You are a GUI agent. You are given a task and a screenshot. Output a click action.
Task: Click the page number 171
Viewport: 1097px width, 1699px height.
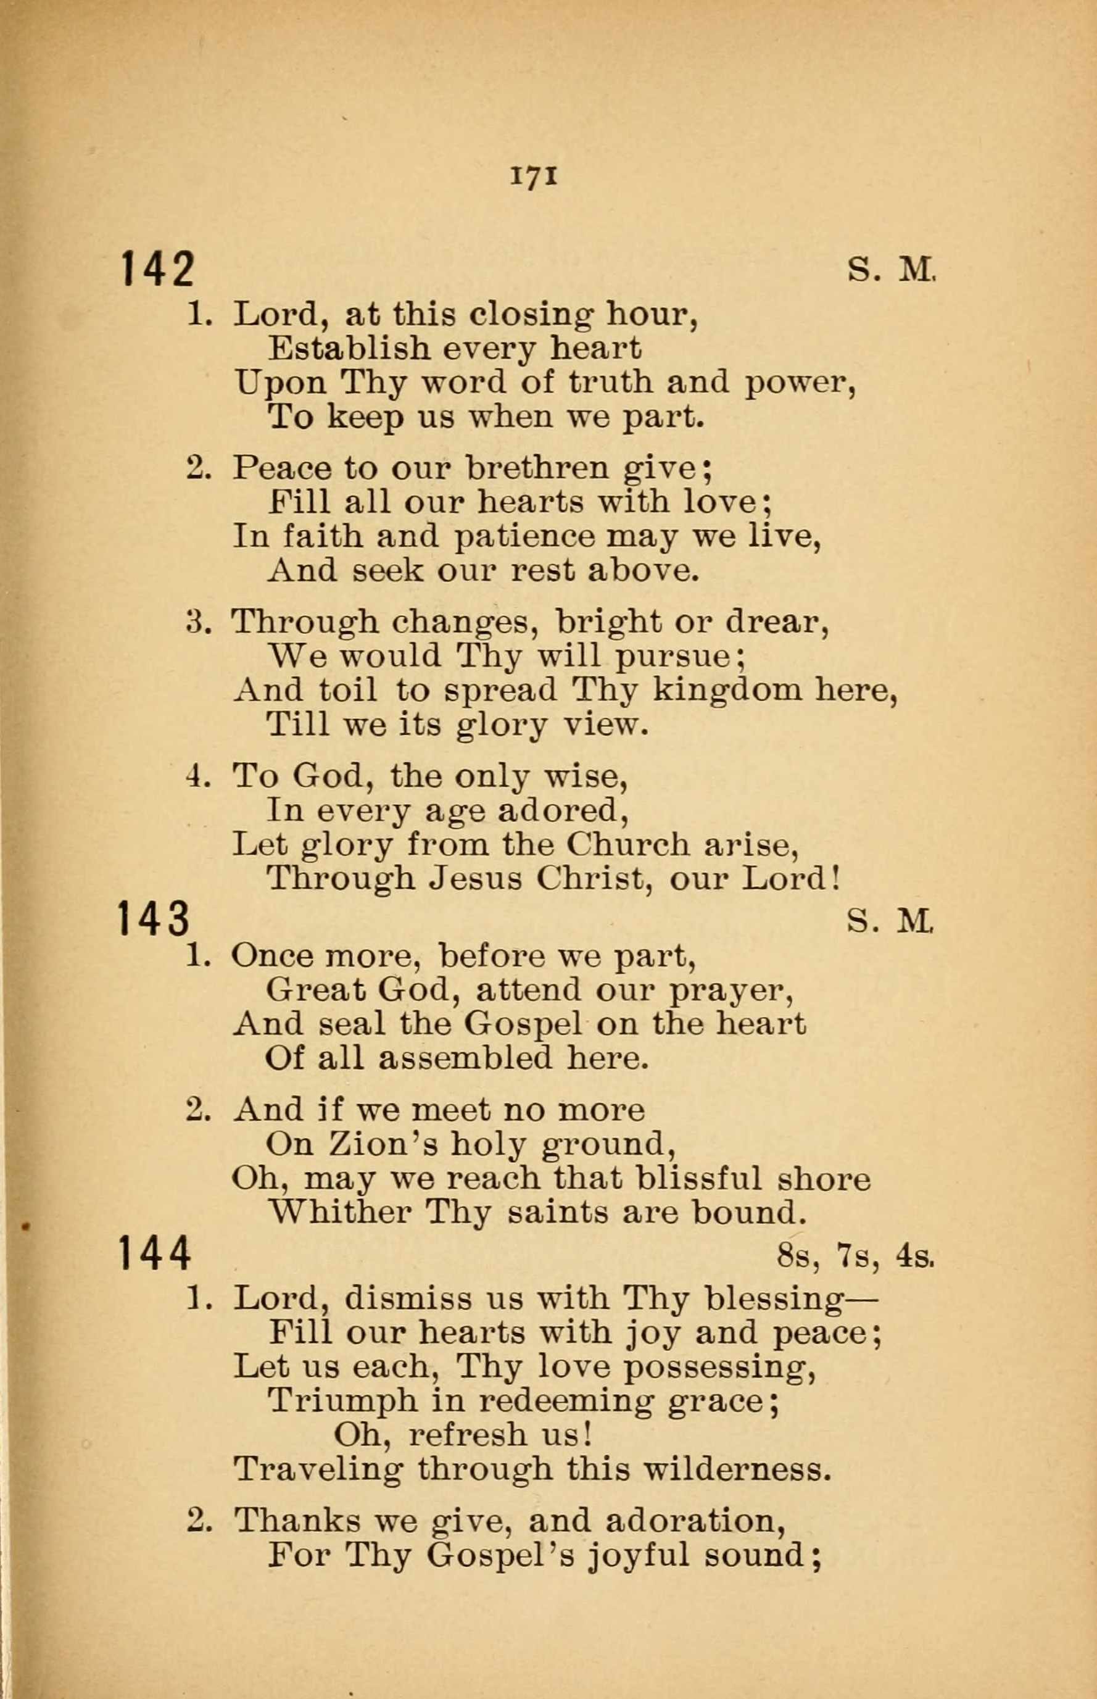[x=534, y=176]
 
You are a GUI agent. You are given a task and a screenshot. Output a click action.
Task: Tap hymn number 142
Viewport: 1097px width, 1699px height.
[x=157, y=269]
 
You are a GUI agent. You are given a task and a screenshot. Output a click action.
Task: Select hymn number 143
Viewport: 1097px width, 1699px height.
[x=155, y=918]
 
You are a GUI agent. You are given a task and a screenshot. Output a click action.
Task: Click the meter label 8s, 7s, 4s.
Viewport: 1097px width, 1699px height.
[x=856, y=1257]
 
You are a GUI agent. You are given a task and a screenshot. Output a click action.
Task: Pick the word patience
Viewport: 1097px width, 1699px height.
[x=524, y=536]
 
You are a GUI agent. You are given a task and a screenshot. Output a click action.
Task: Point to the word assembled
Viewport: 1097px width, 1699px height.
[x=465, y=1058]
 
